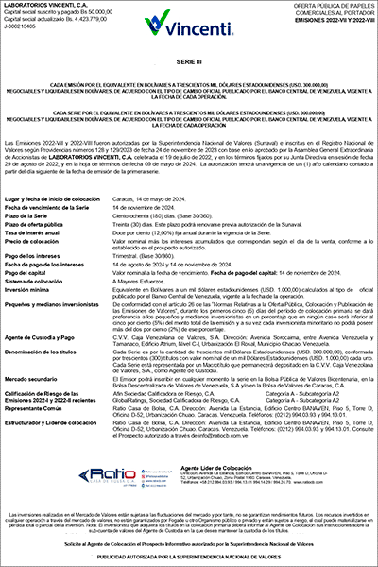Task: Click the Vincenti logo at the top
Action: pos(190,21)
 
